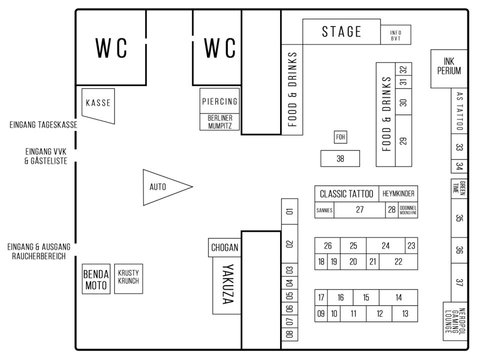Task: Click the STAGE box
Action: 341,32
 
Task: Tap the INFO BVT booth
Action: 395,35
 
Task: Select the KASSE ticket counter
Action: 97,103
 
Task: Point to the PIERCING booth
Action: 219,101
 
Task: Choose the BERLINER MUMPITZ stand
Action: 219,122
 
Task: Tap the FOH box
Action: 340,137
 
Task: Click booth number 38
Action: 340,158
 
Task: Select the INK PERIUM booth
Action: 448,69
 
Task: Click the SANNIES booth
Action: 324,210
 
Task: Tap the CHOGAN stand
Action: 224,247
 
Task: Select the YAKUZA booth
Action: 227,285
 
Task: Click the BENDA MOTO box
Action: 95,279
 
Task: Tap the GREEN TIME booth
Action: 458,188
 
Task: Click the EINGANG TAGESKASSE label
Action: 43,125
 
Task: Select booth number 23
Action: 411,245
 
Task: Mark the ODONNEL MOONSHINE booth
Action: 408,210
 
